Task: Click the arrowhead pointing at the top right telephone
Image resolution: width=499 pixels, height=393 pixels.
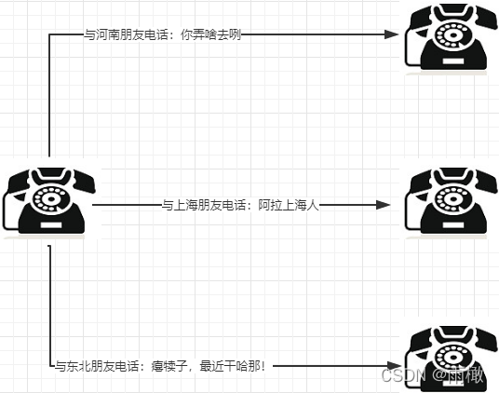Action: coord(393,34)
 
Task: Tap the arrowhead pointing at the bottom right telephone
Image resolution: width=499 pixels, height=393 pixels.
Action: coord(393,366)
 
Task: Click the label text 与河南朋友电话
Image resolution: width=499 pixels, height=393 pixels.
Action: coord(121,34)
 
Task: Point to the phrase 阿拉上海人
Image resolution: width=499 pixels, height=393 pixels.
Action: coord(289,205)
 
